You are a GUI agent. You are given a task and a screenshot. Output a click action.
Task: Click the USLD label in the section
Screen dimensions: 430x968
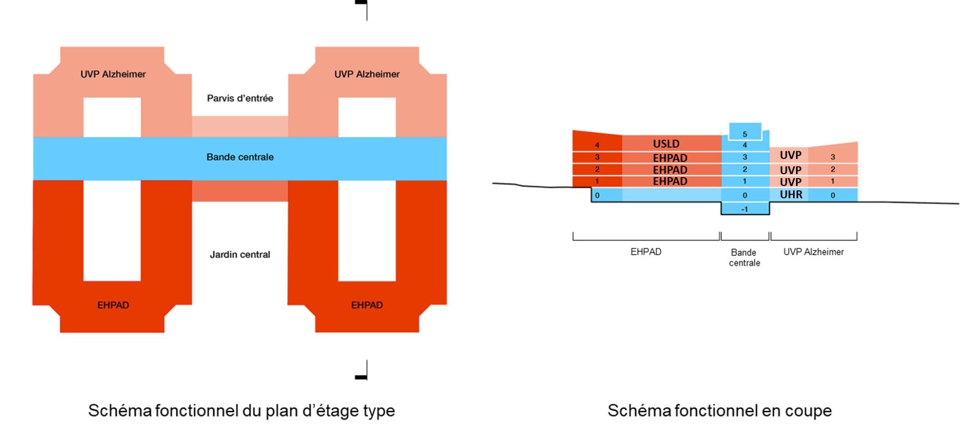(666, 144)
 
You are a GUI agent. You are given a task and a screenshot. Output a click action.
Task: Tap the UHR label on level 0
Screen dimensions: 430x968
(791, 195)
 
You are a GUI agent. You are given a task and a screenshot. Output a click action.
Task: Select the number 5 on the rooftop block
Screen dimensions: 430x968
(745, 134)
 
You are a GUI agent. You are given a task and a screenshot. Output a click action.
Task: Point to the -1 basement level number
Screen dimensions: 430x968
(745, 209)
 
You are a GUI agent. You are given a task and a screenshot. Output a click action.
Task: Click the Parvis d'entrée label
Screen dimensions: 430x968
(240, 98)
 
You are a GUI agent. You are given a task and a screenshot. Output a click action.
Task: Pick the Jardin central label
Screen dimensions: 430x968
(240, 255)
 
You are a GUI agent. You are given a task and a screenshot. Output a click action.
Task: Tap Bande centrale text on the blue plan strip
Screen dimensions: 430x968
(240, 157)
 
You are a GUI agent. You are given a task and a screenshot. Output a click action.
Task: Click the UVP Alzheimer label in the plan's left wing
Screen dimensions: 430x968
(113, 74)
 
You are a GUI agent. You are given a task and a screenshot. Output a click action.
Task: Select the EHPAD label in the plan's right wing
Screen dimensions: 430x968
(367, 305)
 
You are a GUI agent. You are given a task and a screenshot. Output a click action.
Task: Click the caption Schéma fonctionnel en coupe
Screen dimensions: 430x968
(719, 411)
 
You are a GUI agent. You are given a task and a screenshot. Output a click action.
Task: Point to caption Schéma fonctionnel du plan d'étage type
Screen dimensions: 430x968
(241, 411)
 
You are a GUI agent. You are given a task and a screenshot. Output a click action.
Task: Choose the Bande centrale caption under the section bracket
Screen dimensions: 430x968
(744, 257)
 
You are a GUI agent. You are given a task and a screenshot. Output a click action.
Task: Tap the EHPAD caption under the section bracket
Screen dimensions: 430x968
(646, 252)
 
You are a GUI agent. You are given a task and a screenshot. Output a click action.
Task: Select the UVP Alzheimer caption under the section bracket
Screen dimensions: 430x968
(813, 252)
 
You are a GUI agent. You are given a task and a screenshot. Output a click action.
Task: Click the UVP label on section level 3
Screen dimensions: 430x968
(790, 155)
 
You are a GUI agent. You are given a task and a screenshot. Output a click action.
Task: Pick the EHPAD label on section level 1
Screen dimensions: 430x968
(670, 182)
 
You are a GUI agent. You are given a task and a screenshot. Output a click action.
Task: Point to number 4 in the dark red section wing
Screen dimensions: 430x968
(597, 145)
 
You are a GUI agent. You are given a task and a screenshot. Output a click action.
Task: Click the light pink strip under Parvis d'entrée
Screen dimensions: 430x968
(240, 127)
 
